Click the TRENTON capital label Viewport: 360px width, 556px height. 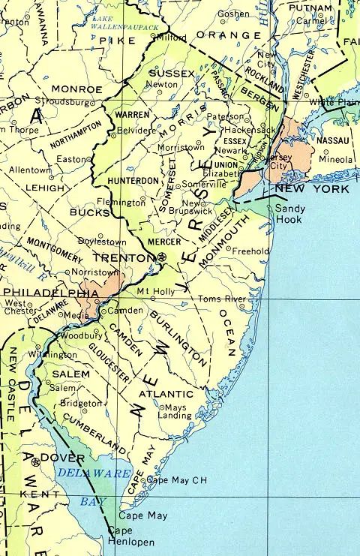[x=133, y=257]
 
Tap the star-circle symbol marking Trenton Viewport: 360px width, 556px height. [x=163, y=257]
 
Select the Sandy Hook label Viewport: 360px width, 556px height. [x=288, y=214]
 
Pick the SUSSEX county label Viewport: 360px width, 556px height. [x=172, y=73]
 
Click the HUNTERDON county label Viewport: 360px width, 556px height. [x=133, y=181]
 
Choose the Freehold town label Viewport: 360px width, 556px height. [x=250, y=251]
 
